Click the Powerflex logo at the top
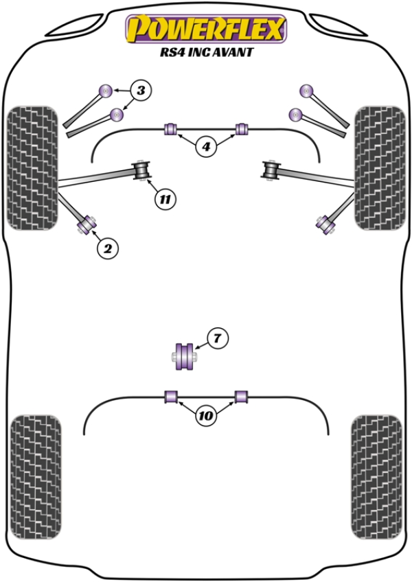pos(205,29)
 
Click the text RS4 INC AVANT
pos(205,52)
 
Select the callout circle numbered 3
pos(140,90)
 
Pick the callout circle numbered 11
pos(165,200)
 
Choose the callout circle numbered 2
pos(107,249)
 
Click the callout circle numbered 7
pos(216,338)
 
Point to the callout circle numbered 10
pos(205,415)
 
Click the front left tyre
pos(32,167)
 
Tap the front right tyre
pos(379,167)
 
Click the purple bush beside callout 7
pos(185,356)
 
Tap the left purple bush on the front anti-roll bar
pos(172,128)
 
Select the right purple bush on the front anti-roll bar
pos(241,128)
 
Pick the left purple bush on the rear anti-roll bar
pos(172,396)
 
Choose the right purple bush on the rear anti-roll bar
pos(241,396)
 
